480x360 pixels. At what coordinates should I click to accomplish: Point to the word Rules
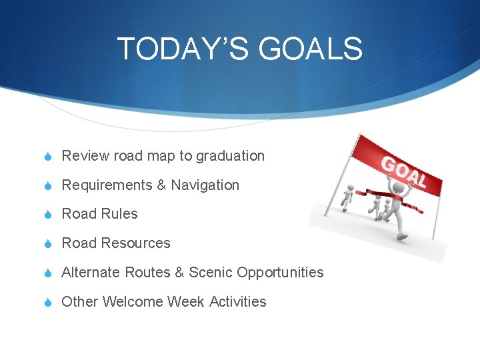coord(119,214)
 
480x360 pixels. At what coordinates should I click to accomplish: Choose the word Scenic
coord(211,273)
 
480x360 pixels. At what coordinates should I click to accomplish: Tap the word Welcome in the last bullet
coord(131,302)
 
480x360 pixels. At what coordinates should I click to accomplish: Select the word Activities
coord(237,302)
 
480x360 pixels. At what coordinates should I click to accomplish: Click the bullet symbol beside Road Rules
coord(49,215)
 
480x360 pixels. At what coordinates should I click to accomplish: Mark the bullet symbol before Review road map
coord(49,157)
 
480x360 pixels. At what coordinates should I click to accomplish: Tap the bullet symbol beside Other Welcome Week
coord(49,303)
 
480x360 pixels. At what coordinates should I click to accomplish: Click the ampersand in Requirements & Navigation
coord(161,185)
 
